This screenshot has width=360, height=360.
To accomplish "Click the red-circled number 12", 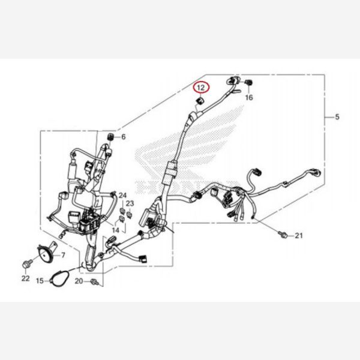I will tap(201, 88).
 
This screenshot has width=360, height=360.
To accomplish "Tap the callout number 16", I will tap(249, 97).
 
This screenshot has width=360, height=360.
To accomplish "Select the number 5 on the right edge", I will tap(337, 116).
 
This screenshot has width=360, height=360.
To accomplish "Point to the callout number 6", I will tap(124, 137).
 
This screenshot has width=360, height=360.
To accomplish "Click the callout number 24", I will tap(122, 196).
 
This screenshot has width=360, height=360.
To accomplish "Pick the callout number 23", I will tap(129, 204).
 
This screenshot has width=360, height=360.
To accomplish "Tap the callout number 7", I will tap(64, 255).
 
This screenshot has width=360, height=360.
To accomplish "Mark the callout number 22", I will tap(25, 278).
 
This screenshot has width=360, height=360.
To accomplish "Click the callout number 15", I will tap(40, 280).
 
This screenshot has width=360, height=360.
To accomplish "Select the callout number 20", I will tap(79, 281).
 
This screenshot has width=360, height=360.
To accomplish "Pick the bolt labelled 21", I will tap(283, 235).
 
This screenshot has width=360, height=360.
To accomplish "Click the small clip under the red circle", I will tap(198, 101).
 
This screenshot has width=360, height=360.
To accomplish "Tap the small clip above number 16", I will tap(249, 82).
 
